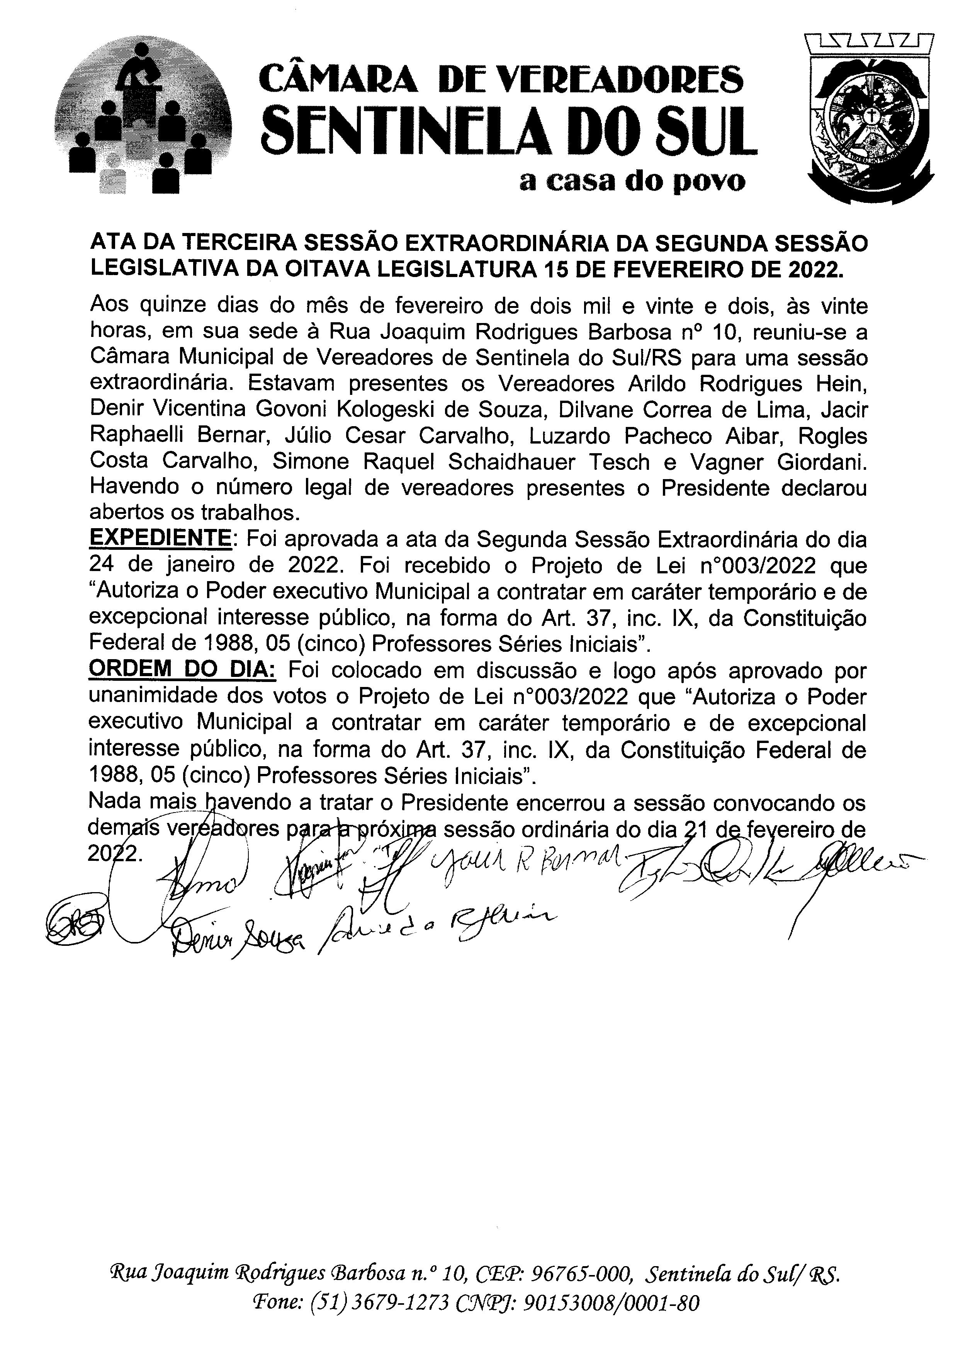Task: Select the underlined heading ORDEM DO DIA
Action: click(x=182, y=671)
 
